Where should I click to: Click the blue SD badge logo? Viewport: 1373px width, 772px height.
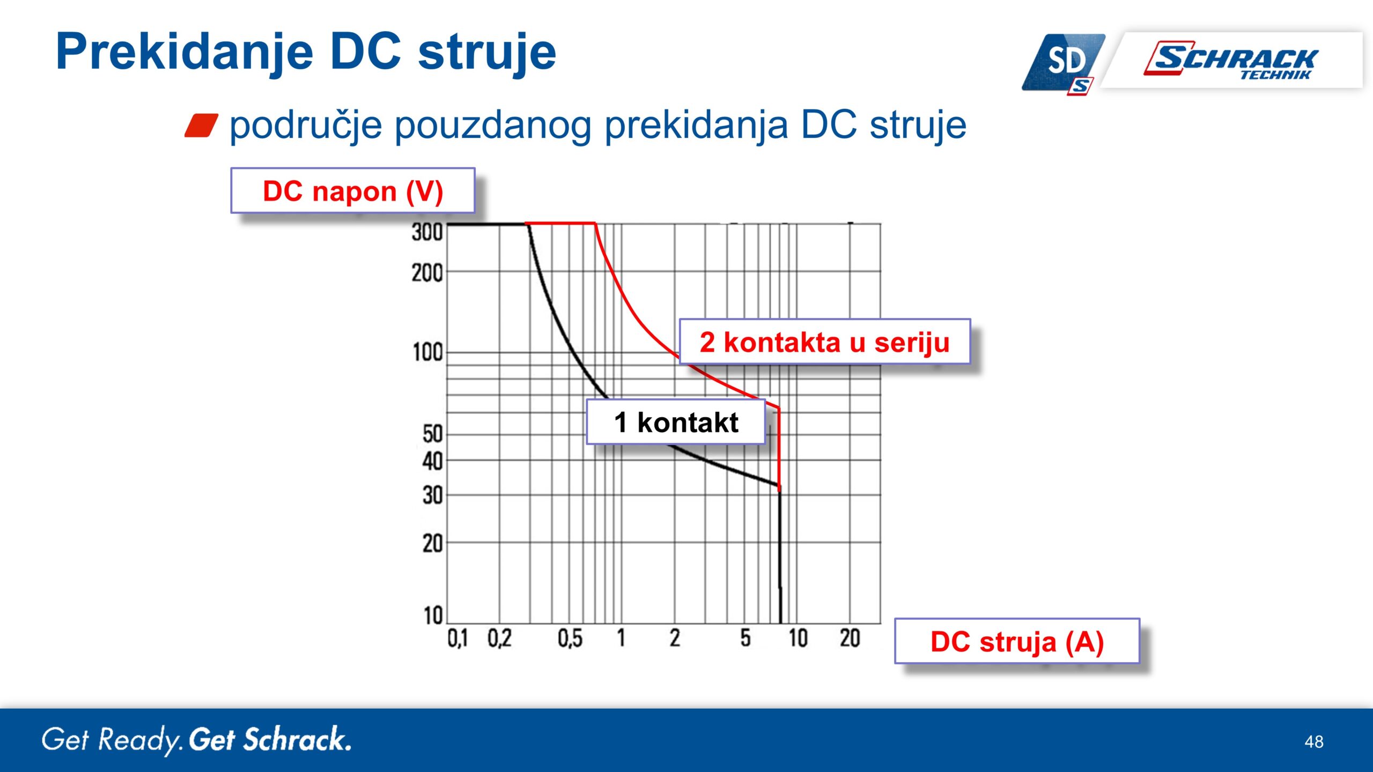(1064, 63)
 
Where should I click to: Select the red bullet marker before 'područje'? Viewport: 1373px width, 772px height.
(201, 125)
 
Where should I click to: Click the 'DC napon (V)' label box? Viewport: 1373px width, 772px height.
(353, 191)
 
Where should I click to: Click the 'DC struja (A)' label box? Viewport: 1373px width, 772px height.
(1017, 641)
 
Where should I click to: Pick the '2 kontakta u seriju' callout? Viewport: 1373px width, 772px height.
(825, 342)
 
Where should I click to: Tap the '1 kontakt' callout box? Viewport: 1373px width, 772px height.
(676, 422)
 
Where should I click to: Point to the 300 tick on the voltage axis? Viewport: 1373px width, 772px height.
(427, 232)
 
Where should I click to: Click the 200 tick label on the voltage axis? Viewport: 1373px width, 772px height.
(427, 273)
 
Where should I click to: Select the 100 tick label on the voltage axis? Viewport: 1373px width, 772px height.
(427, 353)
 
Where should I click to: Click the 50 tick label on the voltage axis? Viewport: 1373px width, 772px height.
(432, 434)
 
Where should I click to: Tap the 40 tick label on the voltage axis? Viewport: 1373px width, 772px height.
(432, 461)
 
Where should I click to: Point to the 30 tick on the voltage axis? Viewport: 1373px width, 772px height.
(432, 495)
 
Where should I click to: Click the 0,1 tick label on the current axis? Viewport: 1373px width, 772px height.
(457, 639)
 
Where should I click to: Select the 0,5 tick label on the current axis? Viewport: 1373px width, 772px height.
(570, 639)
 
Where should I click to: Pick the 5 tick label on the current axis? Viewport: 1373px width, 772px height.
(745, 638)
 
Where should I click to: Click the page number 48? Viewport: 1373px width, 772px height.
(1314, 742)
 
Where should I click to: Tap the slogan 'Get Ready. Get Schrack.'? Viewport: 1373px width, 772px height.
(197, 740)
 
